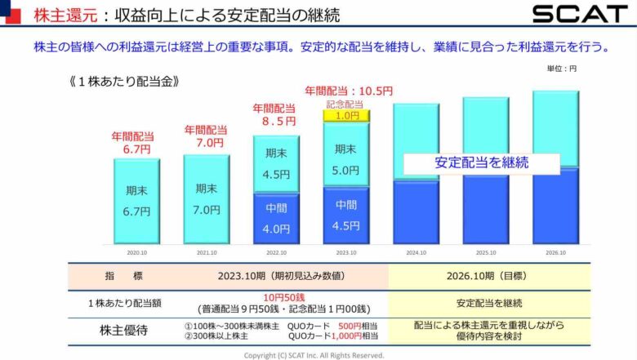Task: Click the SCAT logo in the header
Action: pyautogui.click(x=580, y=14)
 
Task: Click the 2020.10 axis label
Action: pyautogui.click(x=136, y=252)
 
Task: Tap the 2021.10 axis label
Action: pyautogui.click(x=207, y=252)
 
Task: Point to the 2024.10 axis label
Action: pyautogui.click(x=416, y=252)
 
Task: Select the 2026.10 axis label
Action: pyautogui.click(x=556, y=252)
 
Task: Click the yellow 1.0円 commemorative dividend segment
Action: pyautogui.click(x=346, y=116)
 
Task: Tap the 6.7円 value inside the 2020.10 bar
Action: pyautogui.click(x=136, y=211)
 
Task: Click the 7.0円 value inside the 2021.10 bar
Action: pyautogui.click(x=207, y=210)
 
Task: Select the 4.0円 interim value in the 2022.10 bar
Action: pyautogui.click(x=277, y=229)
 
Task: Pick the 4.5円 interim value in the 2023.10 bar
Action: pyautogui.click(x=346, y=225)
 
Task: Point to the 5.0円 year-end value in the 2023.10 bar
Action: pyautogui.click(x=346, y=171)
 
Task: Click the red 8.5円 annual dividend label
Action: pyautogui.click(x=277, y=121)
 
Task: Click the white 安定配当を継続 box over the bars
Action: pyautogui.click(x=481, y=162)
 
